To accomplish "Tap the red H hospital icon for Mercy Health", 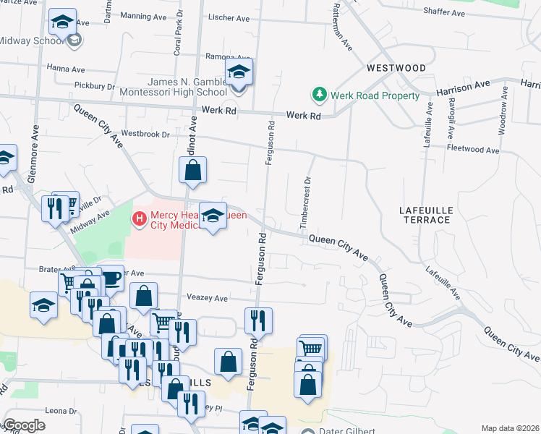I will [x=138, y=216].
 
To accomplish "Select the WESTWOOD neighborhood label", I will [x=396, y=68].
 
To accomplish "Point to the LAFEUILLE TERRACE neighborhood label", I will [x=426, y=215].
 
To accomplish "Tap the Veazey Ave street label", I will [x=207, y=298].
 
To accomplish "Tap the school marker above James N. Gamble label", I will [x=238, y=72].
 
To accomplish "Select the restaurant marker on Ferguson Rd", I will [x=257, y=319].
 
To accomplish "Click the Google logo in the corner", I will [x=25, y=425].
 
